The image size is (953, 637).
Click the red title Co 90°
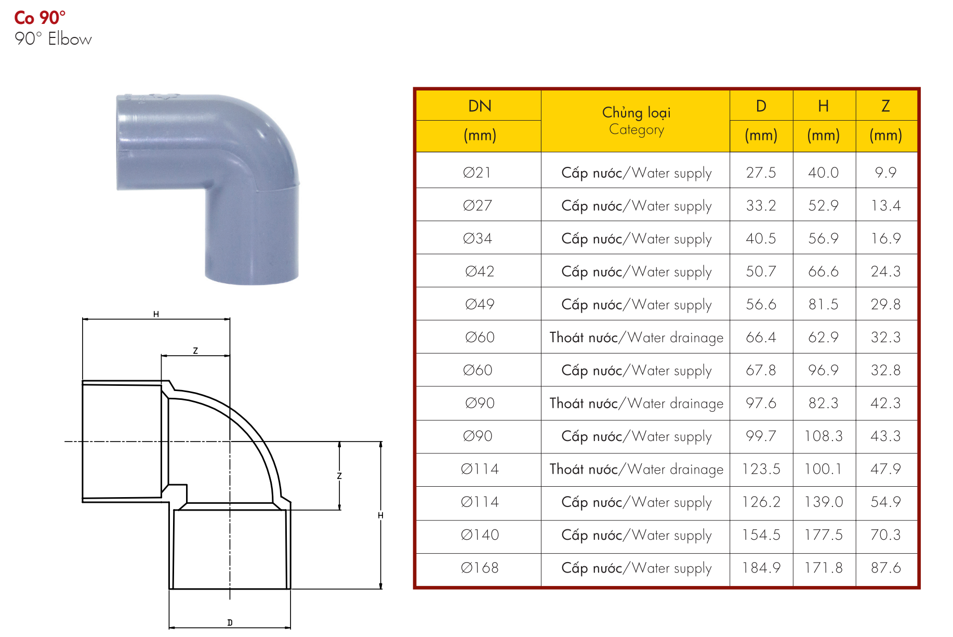pos(39,18)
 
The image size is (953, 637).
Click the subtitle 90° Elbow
pos(53,39)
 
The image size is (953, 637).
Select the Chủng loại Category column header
pos(636,121)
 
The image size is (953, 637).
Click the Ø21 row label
pos(476,173)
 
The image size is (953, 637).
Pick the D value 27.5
pos(761,173)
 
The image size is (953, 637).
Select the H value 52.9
pos(823,205)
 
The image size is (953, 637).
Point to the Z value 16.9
pos(885,238)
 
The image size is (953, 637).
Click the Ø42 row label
pos(479,271)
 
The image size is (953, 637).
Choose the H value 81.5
pos(823,304)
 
